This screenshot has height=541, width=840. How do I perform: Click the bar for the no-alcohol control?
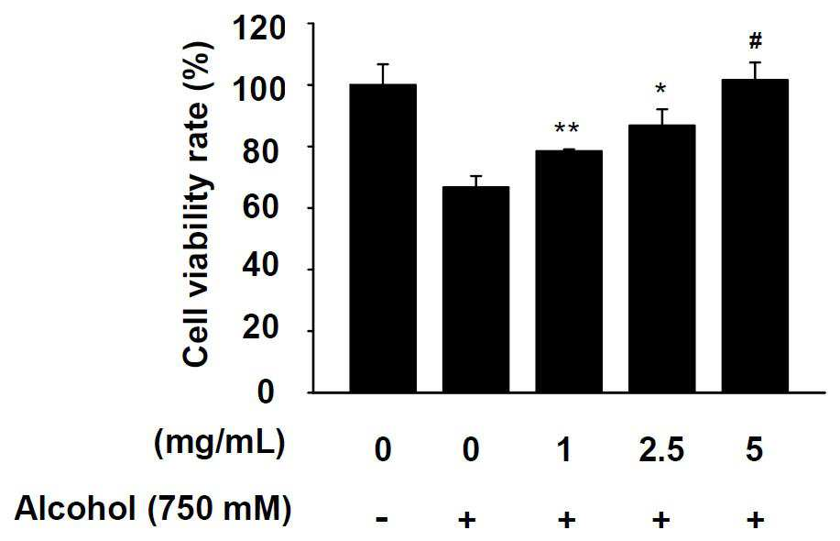tap(383, 238)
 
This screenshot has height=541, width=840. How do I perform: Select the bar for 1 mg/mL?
tap(569, 271)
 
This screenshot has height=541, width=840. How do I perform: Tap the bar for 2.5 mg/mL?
tap(662, 259)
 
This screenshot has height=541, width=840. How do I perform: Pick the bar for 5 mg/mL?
tap(756, 236)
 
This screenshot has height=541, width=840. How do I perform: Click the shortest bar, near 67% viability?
tap(475, 290)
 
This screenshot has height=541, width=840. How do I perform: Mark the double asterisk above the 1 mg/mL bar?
tap(567, 129)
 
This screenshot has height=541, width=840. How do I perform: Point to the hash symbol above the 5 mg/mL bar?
tap(756, 40)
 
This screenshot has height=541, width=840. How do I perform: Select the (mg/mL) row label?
tap(219, 445)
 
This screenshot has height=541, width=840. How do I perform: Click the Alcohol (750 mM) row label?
tap(153, 508)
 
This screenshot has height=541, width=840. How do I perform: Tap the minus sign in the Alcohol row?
tap(382, 519)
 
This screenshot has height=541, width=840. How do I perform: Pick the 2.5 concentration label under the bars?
tap(661, 449)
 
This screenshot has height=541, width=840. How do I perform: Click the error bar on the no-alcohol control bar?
tap(383, 74)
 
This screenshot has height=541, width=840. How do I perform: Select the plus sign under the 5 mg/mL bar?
tap(755, 519)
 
